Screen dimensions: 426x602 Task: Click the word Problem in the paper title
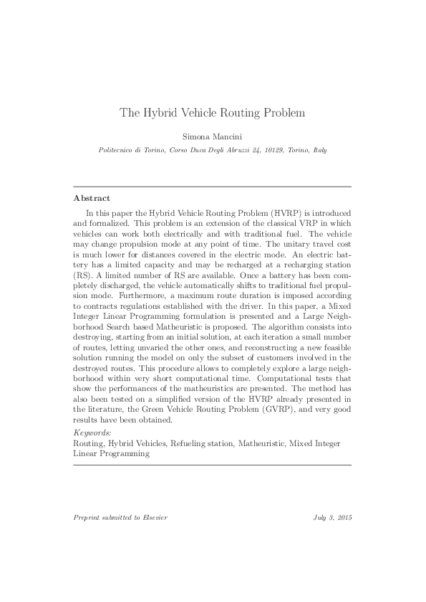(x=280, y=112)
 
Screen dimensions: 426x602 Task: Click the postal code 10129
(x=271, y=150)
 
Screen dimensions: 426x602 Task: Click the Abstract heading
(x=92, y=198)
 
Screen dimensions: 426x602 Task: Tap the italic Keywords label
(x=92, y=433)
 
